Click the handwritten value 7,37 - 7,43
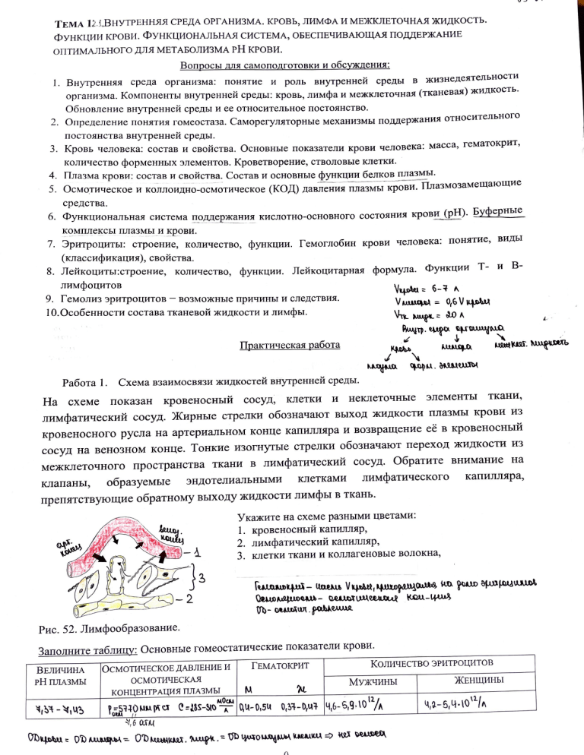[62, 708]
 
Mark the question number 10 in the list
[49, 312]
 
